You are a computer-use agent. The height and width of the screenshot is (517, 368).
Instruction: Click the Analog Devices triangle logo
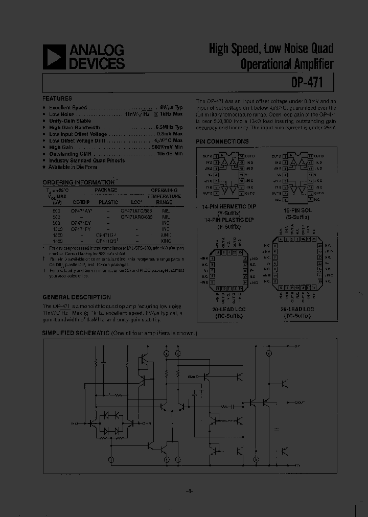[54, 57]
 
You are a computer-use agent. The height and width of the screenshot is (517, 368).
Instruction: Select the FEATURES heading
[57, 98]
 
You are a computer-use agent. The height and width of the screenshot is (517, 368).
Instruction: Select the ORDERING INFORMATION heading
[78, 182]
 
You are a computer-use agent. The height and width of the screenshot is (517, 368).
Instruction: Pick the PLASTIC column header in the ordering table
[108, 202]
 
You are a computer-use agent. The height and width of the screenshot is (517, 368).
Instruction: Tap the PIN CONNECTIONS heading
[222, 142]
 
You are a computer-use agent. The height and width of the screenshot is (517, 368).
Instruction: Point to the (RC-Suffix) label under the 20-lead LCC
[228, 316]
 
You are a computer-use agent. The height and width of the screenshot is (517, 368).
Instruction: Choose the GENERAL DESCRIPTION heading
[76, 297]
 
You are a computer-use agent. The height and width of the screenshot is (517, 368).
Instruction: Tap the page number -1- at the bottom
[188, 491]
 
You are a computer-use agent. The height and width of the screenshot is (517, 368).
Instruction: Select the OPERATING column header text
[164, 190]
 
